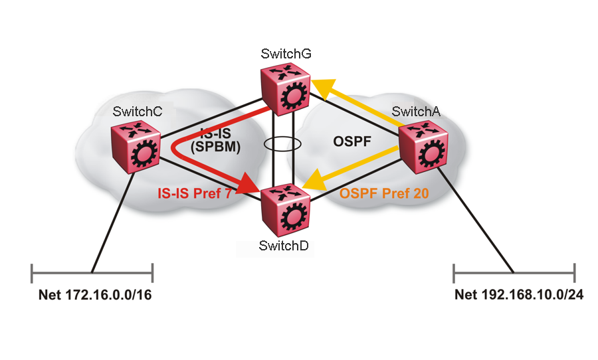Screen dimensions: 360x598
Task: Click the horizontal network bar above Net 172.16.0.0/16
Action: pos(92,272)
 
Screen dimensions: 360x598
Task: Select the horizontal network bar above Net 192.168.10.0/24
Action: pos(514,272)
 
